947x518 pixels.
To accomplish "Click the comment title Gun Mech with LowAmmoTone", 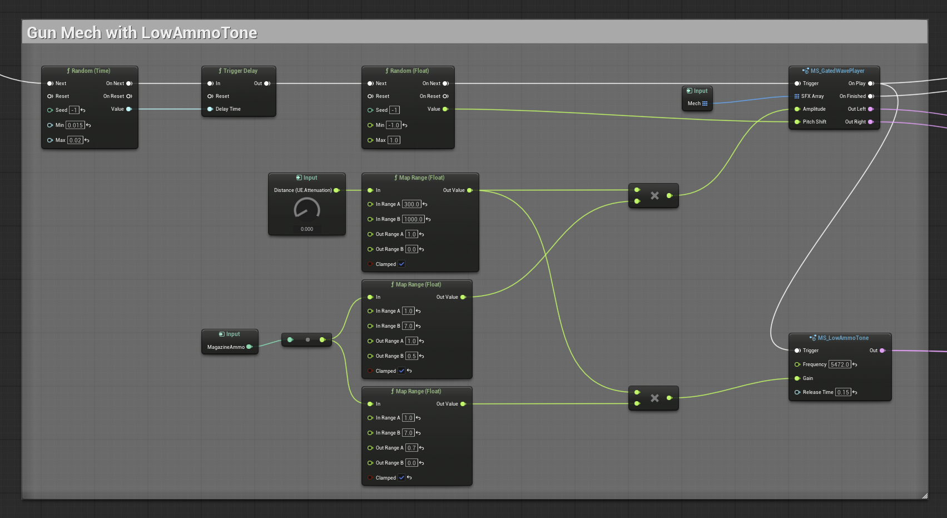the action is point(142,33).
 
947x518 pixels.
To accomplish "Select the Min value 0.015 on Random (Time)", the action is point(75,125).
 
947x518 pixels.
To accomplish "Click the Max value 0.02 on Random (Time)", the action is point(75,140).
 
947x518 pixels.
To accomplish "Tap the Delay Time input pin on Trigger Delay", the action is point(210,109).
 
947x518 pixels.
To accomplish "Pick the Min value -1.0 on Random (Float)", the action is point(394,125).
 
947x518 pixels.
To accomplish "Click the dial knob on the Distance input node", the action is point(306,209).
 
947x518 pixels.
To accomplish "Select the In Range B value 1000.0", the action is point(413,219).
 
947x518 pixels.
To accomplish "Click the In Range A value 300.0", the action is point(411,204).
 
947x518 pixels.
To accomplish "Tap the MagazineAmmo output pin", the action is point(250,347).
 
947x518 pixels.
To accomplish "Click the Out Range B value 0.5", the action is point(411,356).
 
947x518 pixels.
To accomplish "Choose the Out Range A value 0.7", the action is point(411,448).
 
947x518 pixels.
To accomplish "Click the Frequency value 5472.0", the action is point(840,364).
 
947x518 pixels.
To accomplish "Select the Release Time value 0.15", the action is point(843,392).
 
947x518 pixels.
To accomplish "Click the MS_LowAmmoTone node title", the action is point(843,338).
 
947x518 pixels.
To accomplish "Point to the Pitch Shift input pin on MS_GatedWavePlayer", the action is point(797,122).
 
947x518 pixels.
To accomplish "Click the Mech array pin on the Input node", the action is point(705,103).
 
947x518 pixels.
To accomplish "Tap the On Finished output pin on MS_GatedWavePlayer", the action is point(871,96).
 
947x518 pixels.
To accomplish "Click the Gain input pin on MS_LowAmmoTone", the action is point(797,378).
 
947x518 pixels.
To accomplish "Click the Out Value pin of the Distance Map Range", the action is point(470,190).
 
